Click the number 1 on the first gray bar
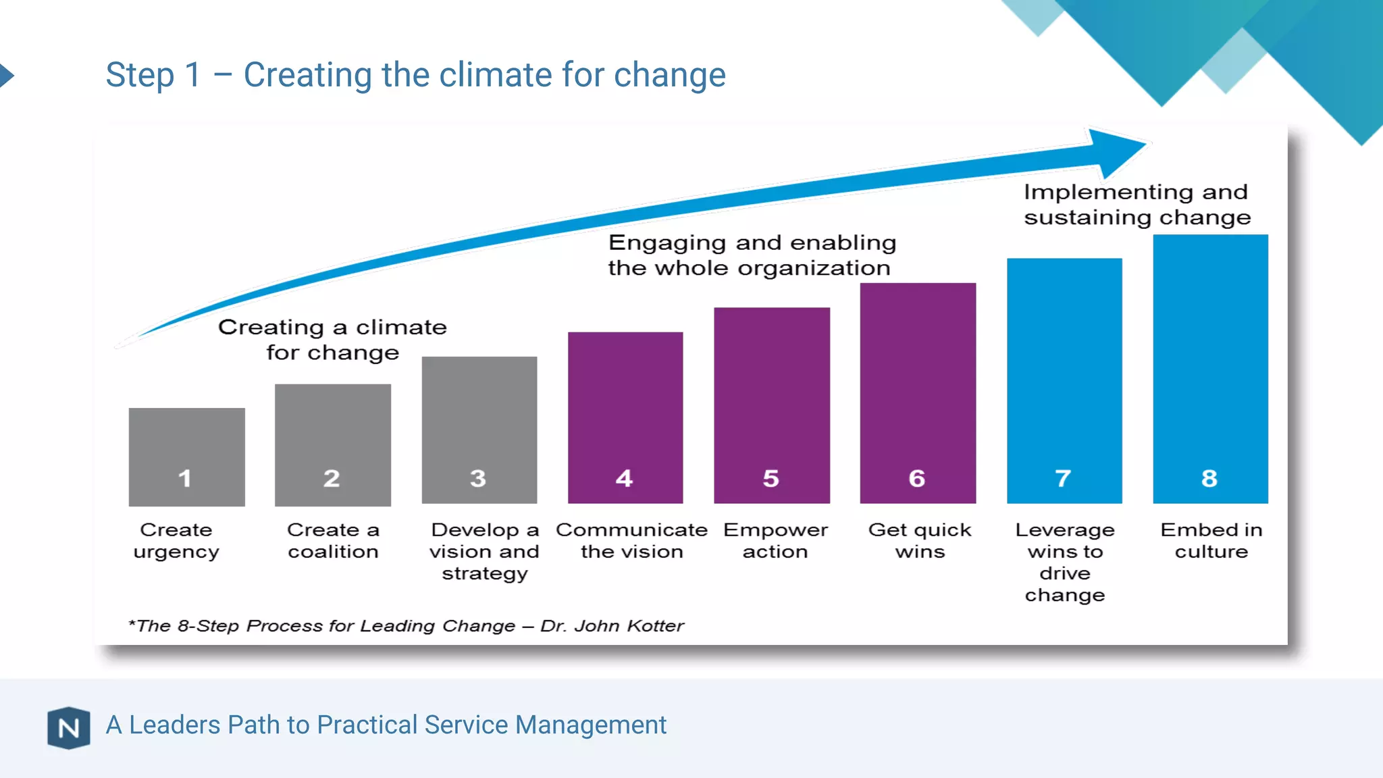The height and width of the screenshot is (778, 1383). pos(184,478)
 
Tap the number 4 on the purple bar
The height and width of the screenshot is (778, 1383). pos(624,478)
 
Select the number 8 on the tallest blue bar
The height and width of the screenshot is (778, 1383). pos(1209,478)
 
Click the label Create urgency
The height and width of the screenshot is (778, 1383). pos(176,541)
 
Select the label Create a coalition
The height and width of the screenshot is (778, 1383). pos(333,541)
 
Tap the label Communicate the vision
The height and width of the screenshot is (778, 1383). pos(631,541)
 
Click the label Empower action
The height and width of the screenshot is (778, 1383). pos(775,541)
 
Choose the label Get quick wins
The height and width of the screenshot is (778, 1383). pos(920,541)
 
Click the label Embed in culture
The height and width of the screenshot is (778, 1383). pos(1211,541)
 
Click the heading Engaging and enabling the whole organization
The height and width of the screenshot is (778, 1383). pos(751,255)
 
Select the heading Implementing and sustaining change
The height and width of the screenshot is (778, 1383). pos(1137,205)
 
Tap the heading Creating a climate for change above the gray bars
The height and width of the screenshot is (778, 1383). pos(332,340)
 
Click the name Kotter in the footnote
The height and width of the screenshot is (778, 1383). pos(656,626)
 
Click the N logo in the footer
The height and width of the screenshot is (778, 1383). pos(69,728)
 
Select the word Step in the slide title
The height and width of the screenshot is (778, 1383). pos(140,75)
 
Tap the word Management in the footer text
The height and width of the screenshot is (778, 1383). pos(591,725)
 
